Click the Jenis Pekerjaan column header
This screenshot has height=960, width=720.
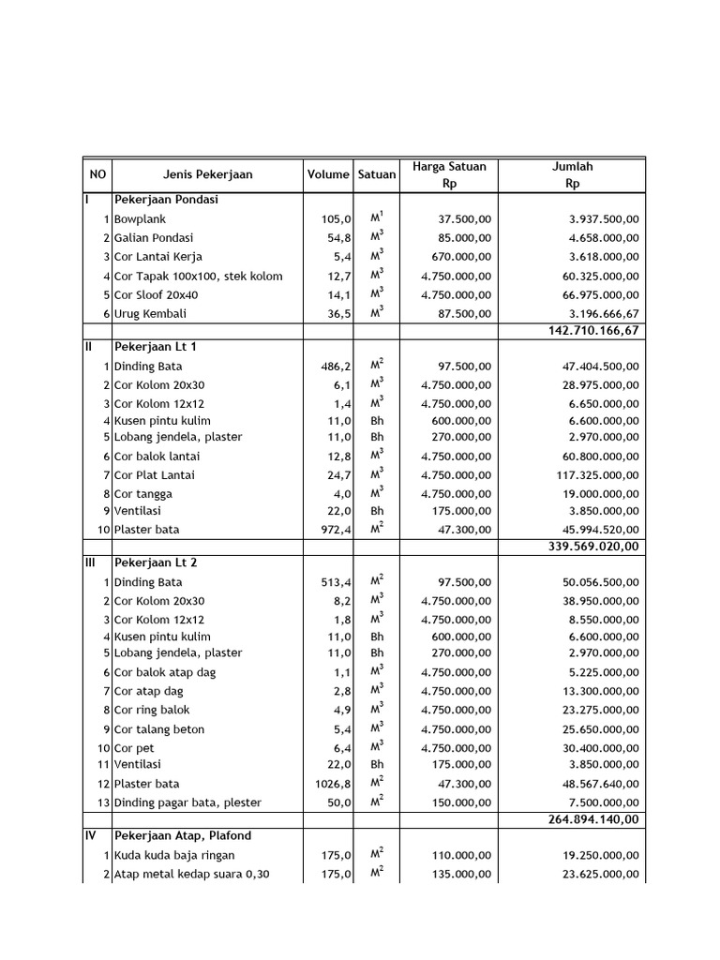pyautogui.click(x=207, y=174)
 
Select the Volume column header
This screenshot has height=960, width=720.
pyautogui.click(x=327, y=174)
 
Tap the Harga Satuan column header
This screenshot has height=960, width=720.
pyautogui.click(x=449, y=175)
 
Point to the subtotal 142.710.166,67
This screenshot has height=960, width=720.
pyautogui.click(x=593, y=331)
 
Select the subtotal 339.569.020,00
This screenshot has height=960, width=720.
pyautogui.click(x=593, y=547)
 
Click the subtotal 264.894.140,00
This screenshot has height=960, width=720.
pyautogui.click(x=593, y=818)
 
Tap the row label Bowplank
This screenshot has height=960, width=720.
pyautogui.click(x=140, y=218)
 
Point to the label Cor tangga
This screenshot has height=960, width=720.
pyautogui.click(x=143, y=493)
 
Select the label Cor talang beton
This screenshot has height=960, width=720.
pyautogui.click(x=159, y=729)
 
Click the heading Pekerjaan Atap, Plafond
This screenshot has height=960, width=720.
pyautogui.click(x=183, y=835)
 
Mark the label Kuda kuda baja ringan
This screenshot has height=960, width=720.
pyautogui.click(x=174, y=855)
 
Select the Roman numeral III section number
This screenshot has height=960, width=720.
pyautogui.click(x=91, y=563)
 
